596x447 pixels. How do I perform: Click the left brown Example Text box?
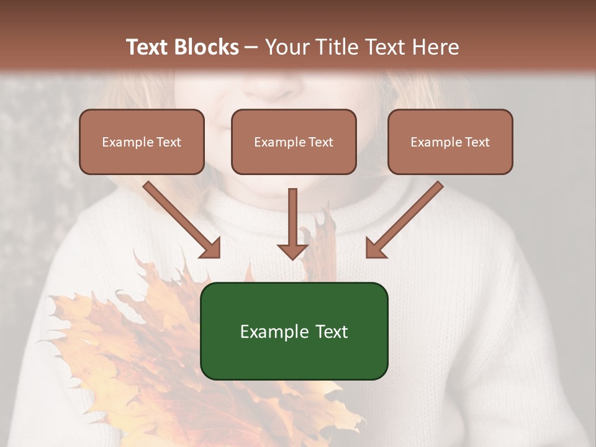[x=142, y=142]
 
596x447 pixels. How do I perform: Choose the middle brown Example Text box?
[x=294, y=142]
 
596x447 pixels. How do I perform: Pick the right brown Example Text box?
[x=450, y=142]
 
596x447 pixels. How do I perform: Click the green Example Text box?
[x=294, y=331]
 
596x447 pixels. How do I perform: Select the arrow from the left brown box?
[x=180, y=219]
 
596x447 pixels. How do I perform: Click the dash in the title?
[x=251, y=47]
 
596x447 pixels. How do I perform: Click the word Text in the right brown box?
[x=477, y=142]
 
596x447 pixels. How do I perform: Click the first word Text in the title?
[x=148, y=47]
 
